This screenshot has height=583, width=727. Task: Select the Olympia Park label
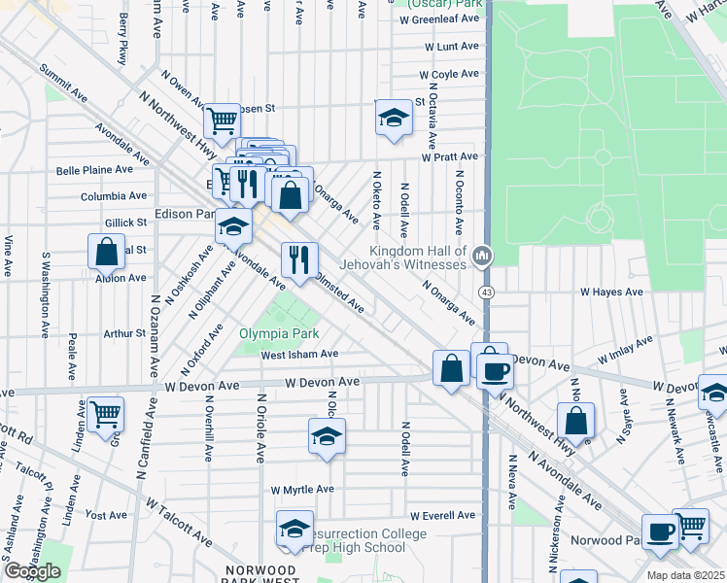278,334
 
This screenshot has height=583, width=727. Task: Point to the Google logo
32,571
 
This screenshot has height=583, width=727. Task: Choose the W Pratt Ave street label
449,156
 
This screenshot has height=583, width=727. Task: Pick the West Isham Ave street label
299,355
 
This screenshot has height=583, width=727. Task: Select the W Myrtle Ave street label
302,490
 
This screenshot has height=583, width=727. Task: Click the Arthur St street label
124,333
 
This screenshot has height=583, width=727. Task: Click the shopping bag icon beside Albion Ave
107,251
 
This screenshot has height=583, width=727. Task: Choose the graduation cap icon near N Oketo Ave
394,117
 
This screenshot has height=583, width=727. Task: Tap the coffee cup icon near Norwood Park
660,532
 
